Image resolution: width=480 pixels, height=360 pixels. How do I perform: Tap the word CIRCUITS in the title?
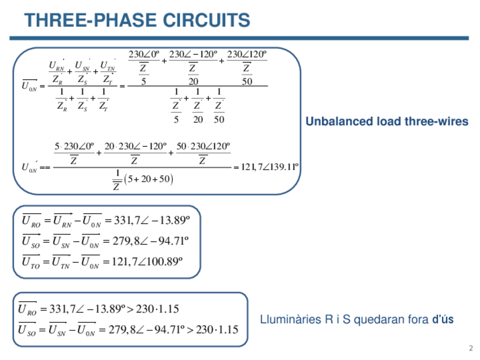coord(206,20)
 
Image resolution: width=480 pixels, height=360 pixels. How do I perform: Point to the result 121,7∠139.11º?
coord(270,167)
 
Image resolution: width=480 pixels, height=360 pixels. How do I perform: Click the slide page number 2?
coord(470,348)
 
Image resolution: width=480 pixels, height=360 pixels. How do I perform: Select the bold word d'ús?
coord(443,320)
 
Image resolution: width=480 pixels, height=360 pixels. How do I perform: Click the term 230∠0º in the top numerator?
coord(144,55)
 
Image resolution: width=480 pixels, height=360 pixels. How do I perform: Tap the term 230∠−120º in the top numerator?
coord(193,55)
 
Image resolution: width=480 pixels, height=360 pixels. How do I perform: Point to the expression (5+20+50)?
coord(148,180)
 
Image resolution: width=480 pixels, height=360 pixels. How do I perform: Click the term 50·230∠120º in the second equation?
coord(203,147)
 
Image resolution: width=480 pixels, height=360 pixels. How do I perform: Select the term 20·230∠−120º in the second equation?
coord(136,147)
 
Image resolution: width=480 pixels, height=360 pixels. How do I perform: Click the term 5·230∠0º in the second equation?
coord(74,147)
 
